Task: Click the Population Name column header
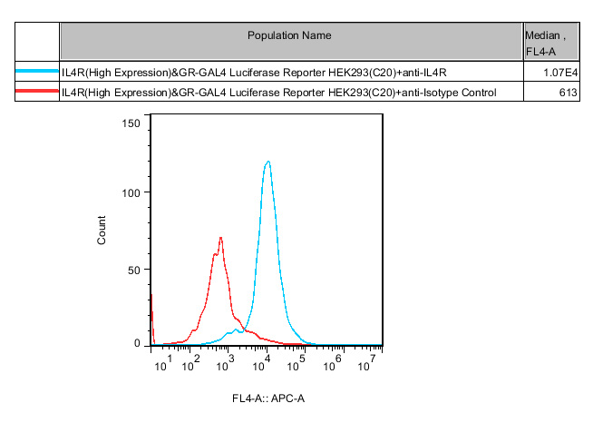click(x=290, y=35)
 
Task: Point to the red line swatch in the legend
click(x=37, y=92)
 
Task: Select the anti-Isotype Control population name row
click(x=278, y=92)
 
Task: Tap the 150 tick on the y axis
click(x=131, y=123)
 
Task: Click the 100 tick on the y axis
click(x=131, y=192)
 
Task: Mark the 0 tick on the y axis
click(x=137, y=344)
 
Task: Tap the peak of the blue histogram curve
click(x=267, y=162)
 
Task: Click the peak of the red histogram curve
click(x=220, y=238)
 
